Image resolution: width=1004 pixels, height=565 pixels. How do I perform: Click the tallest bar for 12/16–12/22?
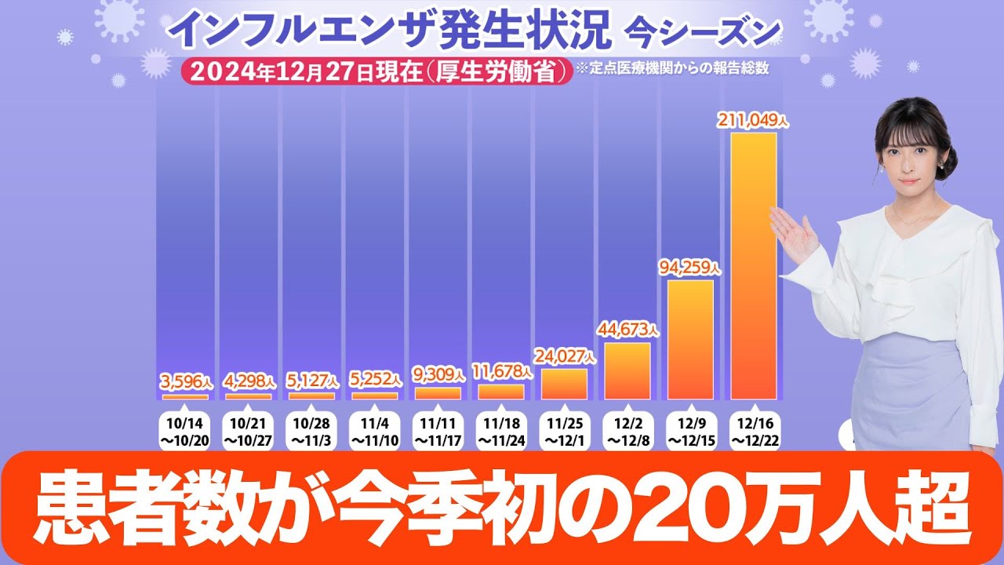[x=754, y=267]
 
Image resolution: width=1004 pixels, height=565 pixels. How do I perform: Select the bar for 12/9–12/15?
[x=690, y=340]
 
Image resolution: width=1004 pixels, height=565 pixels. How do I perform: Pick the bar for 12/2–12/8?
[x=627, y=371]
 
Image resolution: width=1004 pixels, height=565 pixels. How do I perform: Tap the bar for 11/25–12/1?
[x=564, y=385]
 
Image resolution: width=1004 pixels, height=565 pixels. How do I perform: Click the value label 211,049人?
[x=754, y=121]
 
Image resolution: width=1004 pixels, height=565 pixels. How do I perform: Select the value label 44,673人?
[x=627, y=330]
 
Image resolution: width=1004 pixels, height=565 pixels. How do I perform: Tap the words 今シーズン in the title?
[x=702, y=31]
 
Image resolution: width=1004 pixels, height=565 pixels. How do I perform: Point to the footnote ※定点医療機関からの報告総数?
[x=671, y=68]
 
